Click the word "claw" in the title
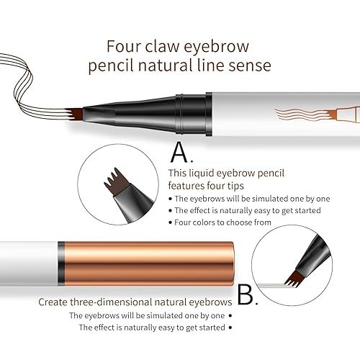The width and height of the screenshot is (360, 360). coord(161,46)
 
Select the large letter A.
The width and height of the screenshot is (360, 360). coord(181,152)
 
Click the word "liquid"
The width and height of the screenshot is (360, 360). coord(203,173)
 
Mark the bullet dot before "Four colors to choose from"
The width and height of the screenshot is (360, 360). coord(170,223)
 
